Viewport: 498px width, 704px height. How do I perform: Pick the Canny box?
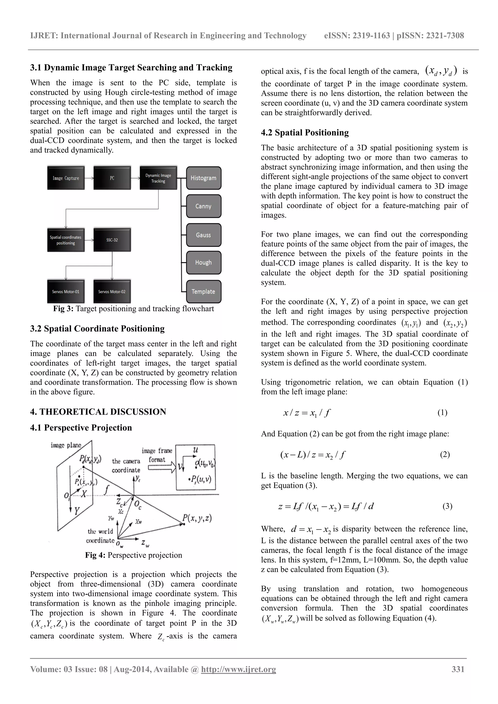coord(204,206)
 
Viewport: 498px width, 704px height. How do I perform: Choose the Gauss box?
coord(204,235)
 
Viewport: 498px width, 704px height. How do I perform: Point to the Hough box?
coord(204,262)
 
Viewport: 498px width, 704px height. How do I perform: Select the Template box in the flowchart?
coord(204,292)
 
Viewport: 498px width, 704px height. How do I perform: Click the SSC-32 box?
coord(112,240)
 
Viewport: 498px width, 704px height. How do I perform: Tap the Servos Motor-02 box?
coord(112,292)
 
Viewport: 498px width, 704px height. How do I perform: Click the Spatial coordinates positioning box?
coord(66,240)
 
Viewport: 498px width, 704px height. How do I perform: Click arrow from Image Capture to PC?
coord(89,178)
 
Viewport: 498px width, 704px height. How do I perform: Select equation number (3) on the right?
coord(447,506)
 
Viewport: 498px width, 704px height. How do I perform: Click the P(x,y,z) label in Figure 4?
coord(197,518)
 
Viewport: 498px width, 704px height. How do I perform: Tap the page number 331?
coord(458,669)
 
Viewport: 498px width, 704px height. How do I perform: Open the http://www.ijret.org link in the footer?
coord(238,669)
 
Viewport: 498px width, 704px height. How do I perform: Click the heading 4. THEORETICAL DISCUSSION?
coord(98,412)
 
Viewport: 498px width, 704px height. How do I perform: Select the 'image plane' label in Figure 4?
coord(66,445)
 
